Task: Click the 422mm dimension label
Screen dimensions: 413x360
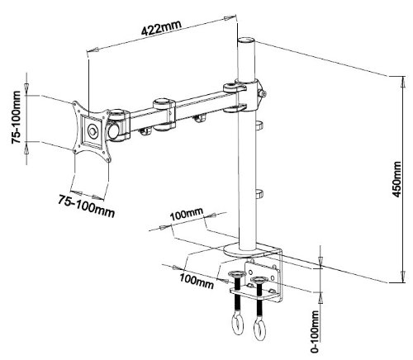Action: click(161, 27)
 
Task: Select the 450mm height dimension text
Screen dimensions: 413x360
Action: click(396, 179)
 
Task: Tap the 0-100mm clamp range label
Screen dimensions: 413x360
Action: click(315, 331)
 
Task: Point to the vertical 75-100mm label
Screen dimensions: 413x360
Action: click(16, 117)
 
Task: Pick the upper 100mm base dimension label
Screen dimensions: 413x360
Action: click(187, 214)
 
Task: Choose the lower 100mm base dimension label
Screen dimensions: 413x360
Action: click(197, 282)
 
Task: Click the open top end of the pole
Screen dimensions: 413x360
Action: click(246, 40)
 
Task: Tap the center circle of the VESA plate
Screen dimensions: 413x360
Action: click(93, 131)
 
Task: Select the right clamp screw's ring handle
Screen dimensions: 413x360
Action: click(259, 329)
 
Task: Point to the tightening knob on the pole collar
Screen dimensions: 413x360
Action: click(262, 93)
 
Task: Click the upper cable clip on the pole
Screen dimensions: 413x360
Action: click(259, 126)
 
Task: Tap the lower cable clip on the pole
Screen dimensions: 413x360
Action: click(259, 194)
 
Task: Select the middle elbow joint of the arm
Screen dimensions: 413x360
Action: click(164, 114)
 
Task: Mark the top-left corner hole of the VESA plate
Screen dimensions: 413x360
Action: click(75, 104)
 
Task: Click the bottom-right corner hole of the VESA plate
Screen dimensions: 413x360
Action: click(108, 159)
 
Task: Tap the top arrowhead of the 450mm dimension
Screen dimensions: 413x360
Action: click(403, 82)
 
